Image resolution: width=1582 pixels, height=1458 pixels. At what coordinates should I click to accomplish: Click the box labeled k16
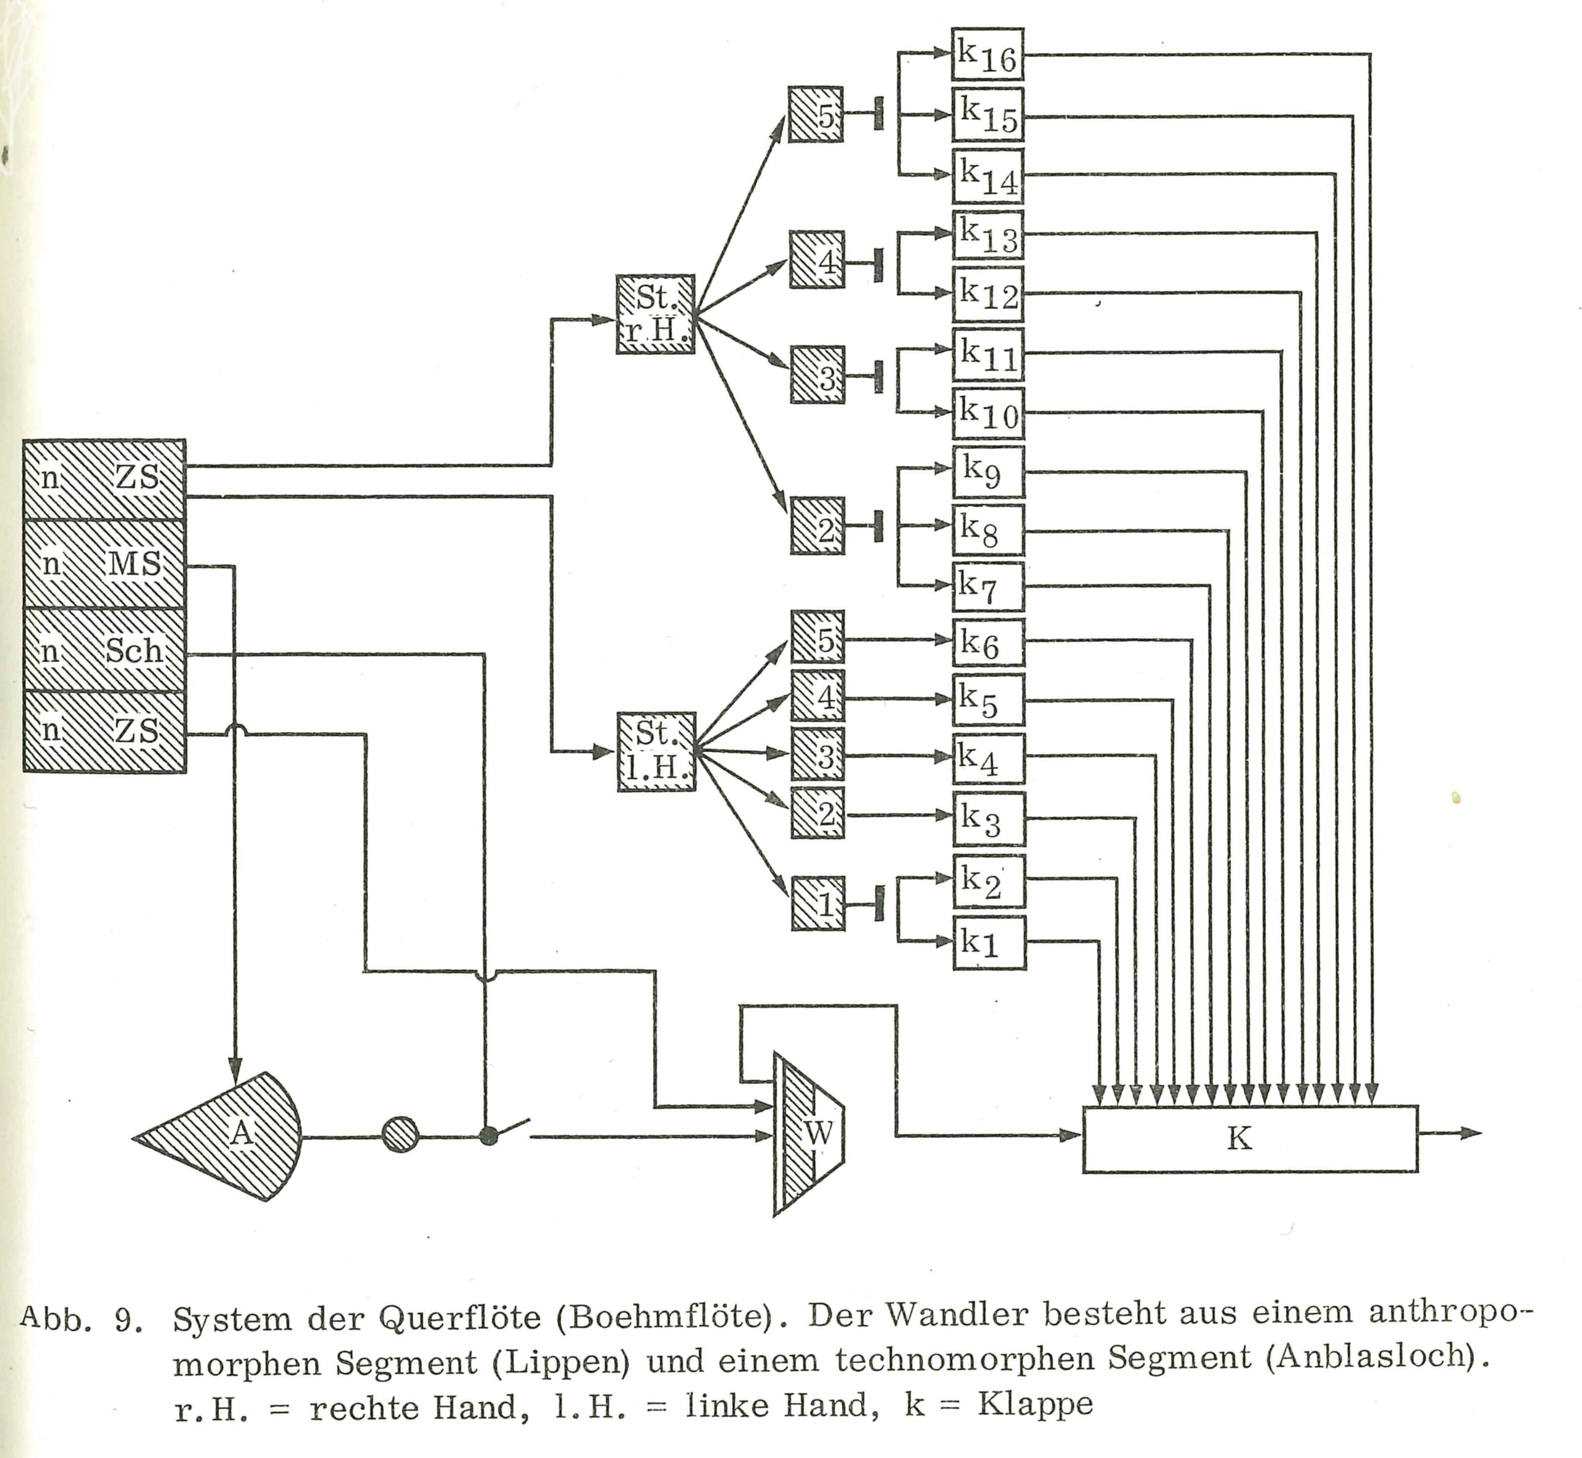(x=987, y=54)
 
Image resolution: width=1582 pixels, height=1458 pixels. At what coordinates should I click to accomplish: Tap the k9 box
(x=988, y=473)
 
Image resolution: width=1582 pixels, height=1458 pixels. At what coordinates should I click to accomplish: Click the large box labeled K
(x=1250, y=1139)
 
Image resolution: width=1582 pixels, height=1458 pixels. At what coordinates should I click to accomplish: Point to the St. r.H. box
(x=655, y=314)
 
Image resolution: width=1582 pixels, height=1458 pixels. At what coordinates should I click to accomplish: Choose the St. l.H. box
(x=656, y=752)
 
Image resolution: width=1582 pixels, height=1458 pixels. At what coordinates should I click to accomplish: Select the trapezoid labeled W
(x=809, y=1134)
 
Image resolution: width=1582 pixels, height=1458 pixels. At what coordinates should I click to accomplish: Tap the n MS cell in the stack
(x=104, y=563)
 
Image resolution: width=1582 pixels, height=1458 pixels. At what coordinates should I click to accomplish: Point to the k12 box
(x=988, y=293)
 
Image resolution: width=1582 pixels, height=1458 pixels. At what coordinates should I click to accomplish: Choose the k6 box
(x=989, y=643)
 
